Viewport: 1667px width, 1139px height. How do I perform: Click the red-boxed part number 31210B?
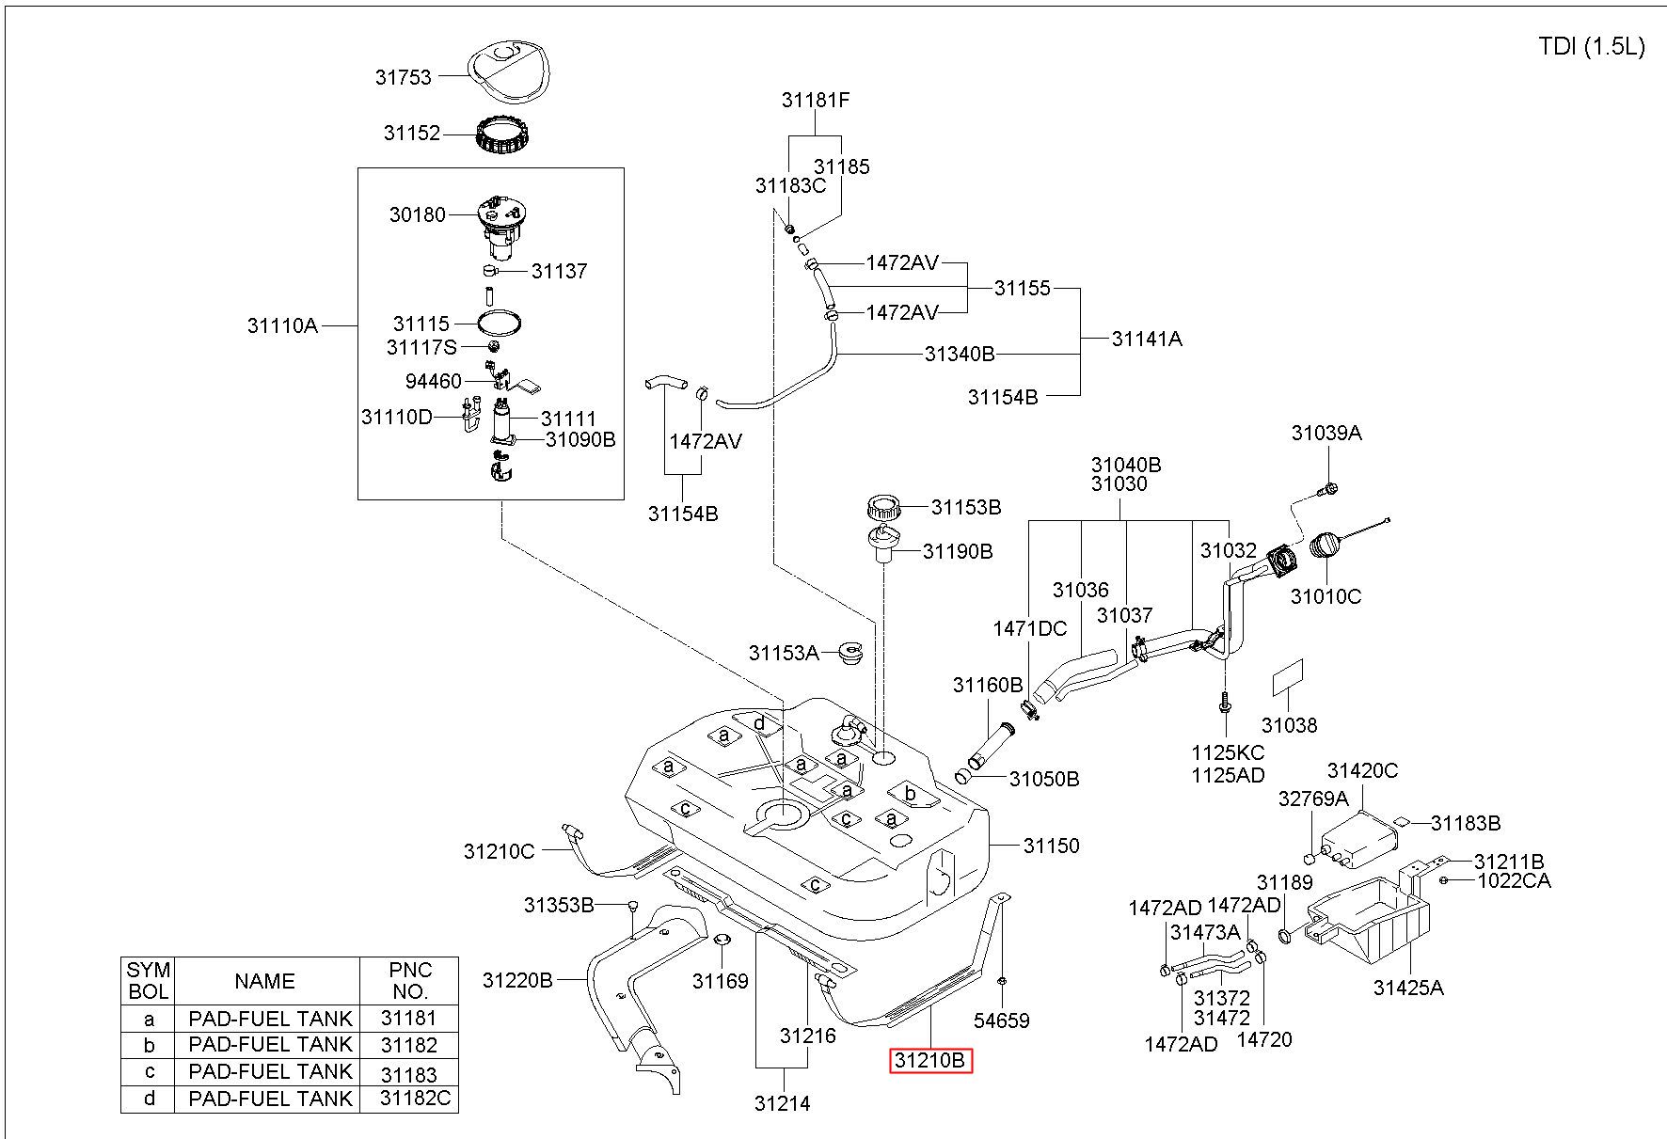click(930, 1061)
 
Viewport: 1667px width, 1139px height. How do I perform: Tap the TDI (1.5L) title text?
click(1592, 47)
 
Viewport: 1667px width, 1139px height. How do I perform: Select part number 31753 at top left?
click(404, 77)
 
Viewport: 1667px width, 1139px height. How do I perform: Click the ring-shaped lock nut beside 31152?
click(501, 136)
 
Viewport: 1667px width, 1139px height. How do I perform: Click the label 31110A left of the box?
click(282, 325)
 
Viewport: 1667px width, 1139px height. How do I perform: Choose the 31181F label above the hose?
click(816, 100)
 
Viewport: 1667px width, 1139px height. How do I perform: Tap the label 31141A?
click(1147, 339)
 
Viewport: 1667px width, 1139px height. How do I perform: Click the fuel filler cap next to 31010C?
click(1326, 545)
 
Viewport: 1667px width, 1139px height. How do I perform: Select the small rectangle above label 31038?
click(1288, 677)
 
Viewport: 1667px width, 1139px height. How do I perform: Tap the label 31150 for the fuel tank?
click(1052, 846)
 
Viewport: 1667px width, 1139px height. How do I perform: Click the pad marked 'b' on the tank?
click(912, 794)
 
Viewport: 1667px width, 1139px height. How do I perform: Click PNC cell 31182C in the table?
click(416, 1098)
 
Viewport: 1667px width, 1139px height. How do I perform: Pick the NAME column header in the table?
click(265, 981)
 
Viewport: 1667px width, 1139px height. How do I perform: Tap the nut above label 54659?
click(1001, 981)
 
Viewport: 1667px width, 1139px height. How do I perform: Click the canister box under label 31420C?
click(1360, 834)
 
